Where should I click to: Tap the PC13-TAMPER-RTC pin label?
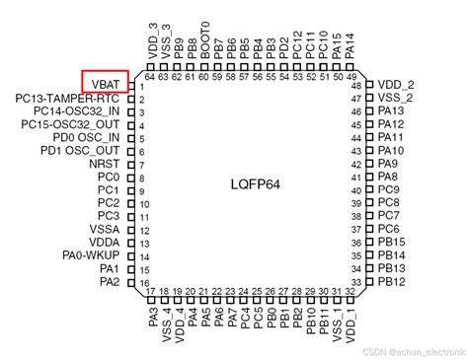67,100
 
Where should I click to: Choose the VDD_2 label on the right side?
397,86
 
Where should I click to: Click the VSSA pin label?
104,229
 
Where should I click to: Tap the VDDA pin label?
104,242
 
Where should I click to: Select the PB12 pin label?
392,281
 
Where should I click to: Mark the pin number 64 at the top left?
150,77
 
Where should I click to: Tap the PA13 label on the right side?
392,112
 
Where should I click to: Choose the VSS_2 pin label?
396,99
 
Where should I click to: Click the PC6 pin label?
389,229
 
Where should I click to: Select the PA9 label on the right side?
388,164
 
